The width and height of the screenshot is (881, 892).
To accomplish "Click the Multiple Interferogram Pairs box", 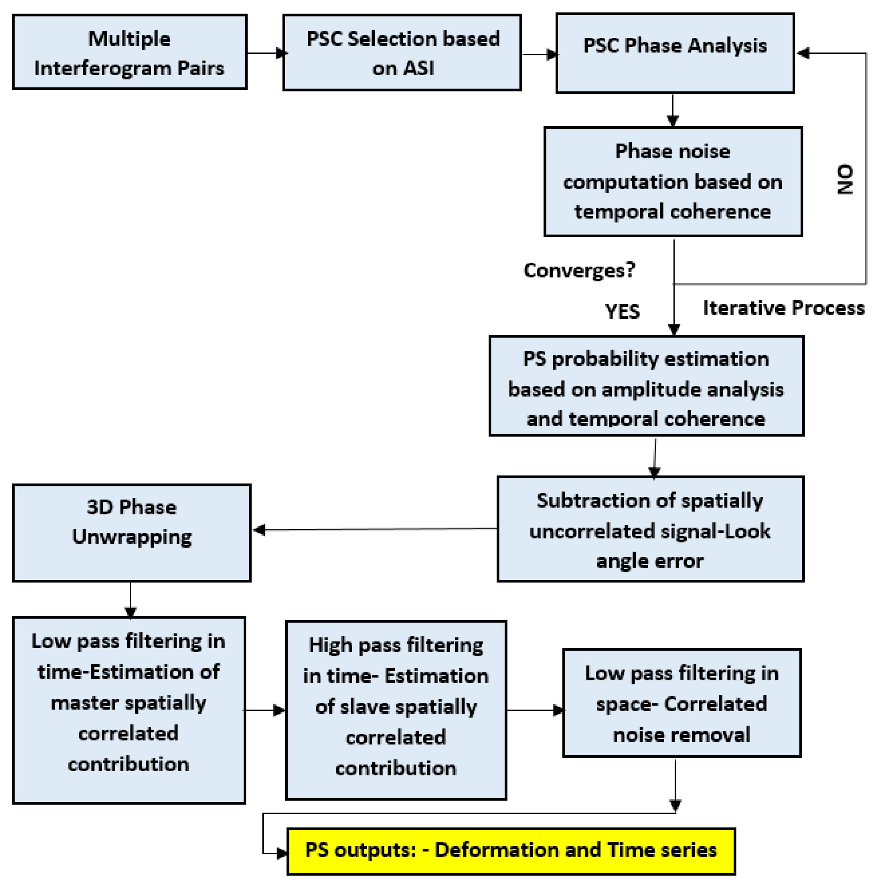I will tap(129, 52).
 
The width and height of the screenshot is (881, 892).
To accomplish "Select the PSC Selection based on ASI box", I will tap(402, 53).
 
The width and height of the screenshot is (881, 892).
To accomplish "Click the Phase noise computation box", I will tap(673, 181).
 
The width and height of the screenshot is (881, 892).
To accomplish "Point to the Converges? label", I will tap(579, 270).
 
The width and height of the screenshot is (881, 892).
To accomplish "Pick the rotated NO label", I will tap(845, 179).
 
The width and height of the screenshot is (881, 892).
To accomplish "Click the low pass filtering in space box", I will tap(681, 703).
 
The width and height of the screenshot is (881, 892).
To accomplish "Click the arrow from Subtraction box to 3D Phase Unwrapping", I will tap(374, 529).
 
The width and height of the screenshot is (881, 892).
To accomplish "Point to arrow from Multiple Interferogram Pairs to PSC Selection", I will tap(265, 53).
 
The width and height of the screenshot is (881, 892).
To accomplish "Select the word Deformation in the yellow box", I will tap(496, 850).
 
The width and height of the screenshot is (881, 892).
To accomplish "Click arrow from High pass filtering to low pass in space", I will tap(534, 710).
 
